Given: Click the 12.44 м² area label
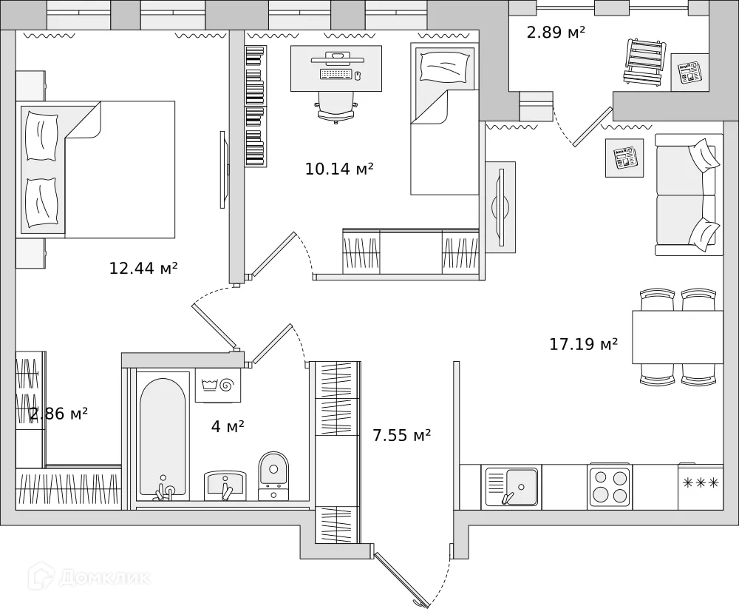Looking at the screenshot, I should point(143,269).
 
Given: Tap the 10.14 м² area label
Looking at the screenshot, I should point(339,169).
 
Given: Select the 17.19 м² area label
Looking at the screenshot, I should point(583,344).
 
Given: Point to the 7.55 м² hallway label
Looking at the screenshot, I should point(402,435).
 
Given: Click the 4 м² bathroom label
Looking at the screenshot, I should point(228,426).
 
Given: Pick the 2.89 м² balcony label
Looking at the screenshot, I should point(556,32).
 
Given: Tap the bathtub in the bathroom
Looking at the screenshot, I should point(163,437).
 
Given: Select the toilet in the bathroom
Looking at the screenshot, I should point(273,474).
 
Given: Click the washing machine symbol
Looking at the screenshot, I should point(218,386).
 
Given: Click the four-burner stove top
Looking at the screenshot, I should point(610,486).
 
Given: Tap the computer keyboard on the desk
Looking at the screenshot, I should point(336,74).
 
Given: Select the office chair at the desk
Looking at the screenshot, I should point(336,107).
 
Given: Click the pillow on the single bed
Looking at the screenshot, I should point(442,67).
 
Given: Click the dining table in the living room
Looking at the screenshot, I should point(678,337).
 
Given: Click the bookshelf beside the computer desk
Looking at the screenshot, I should point(255,106).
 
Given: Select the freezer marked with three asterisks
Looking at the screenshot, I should point(700,486).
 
